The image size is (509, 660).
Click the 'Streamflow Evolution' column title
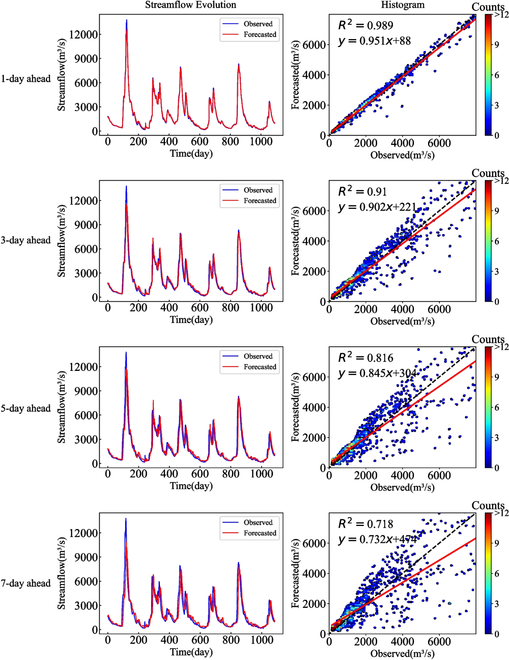click(190, 5)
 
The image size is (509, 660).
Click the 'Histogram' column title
click(403, 5)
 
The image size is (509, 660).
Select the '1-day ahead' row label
click(25, 79)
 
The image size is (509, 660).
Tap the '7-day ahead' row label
click(25, 583)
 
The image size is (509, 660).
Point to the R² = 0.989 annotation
click(366, 25)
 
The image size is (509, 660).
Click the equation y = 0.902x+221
click(377, 207)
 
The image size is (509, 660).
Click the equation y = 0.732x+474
click(377, 540)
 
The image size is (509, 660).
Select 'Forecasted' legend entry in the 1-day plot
click(260, 35)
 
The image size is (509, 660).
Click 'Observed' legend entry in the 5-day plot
click(258, 356)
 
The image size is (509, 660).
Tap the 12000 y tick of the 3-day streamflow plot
click(83, 201)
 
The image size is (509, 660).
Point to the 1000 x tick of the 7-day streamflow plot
click(261, 640)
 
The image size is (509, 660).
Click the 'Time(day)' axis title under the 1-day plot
click(191, 153)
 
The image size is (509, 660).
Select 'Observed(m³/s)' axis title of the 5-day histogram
click(402, 487)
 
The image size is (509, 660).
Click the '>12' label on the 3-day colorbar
click(501, 181)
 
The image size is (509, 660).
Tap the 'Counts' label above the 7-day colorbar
click(488, 506)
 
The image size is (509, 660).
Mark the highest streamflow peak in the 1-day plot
click(126, 20)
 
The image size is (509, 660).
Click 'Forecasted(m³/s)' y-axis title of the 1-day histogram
click(296, 75)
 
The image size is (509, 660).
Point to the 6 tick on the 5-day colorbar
click(497, 407)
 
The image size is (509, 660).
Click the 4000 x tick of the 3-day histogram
click(402, 309)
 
